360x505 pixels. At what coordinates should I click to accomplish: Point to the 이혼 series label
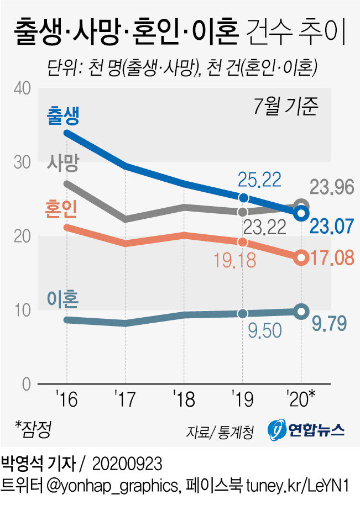(63, 300)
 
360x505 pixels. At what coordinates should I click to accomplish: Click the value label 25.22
(260, 180)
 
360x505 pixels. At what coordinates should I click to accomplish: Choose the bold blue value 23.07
(331, 226)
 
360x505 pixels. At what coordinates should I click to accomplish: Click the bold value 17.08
(331, 257)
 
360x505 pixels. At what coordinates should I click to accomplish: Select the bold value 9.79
(329, 322)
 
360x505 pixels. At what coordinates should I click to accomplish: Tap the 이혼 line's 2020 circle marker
(301, 312)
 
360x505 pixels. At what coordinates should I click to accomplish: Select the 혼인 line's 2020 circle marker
(301, 257)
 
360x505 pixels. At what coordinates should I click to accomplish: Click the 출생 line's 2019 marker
(242, 198)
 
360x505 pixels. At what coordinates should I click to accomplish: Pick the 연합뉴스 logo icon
(276, 429)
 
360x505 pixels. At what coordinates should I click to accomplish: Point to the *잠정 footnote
(37, 426)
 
